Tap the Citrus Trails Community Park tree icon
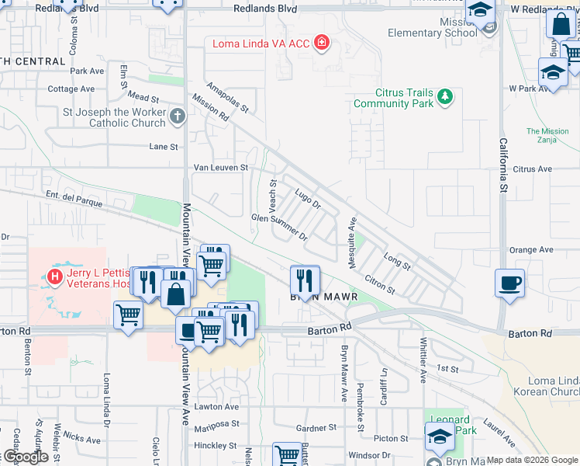click(x=444, y=97)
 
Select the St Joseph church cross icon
click(x=178, y=117)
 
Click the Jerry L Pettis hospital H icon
click(x=55, y=276)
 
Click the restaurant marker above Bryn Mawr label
click(x=305, y=279)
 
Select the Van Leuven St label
click(x=220, y=167)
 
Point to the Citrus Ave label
click(x=532, y=169)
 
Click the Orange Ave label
click(x=531, y=249)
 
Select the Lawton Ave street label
click(x=220, y=406)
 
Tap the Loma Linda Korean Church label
click(x=553, y=386)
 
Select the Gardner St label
click(x=315, y=428)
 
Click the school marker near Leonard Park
click(x=440, y=437)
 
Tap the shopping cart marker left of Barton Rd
click(x=128, y=315)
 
